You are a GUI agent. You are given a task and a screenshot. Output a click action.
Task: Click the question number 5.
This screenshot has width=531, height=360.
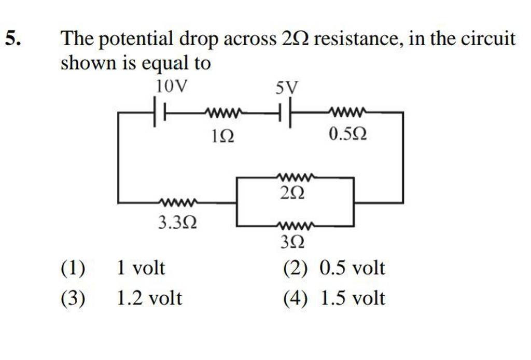[14, 39]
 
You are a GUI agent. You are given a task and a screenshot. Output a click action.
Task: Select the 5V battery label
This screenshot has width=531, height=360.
[287, 90]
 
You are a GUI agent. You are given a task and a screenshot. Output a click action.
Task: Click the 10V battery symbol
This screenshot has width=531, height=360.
[160, 113]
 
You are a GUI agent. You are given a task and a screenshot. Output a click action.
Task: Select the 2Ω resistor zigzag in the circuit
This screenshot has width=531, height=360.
[296, 177]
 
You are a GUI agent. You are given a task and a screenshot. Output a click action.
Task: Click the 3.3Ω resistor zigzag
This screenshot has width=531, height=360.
[177, 202]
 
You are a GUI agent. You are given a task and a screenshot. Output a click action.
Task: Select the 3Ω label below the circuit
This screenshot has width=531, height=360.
[292, 243]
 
